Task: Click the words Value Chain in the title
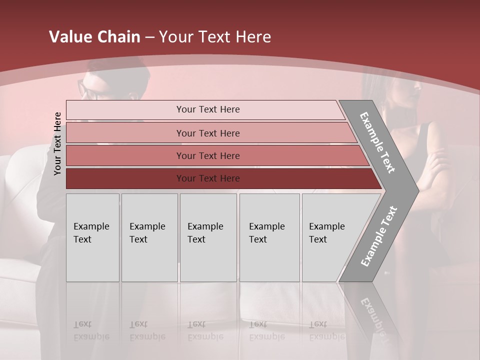pyautogui.click(x=94, y=37)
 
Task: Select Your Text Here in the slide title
pyautogui.click(x=215, y=37)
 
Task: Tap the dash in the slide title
pyautogui.click(x=149, y=37)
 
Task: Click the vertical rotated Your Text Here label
pyautogui.click(x=58, y=143)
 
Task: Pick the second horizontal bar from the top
pyautogui.click(x=208, y=133)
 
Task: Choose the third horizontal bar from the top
pyautogui.click(x=208, y=155)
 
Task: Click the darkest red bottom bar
pyautogui.click(x=208, y=178)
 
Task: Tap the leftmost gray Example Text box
pyautogui.click(x=92, y=237)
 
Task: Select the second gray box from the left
pyautogui.click(x=149, y=237)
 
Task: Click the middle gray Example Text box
pyautogui.click(x=208, y=237)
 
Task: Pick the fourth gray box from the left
pyautogui.click(x=269, y=237)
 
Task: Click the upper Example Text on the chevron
pyautogui.click(x=378, y=142)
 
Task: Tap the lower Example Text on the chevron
pyautogui.click(x=379, y=236)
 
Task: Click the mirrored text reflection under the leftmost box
pyautogui.click(x=91, y=330)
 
